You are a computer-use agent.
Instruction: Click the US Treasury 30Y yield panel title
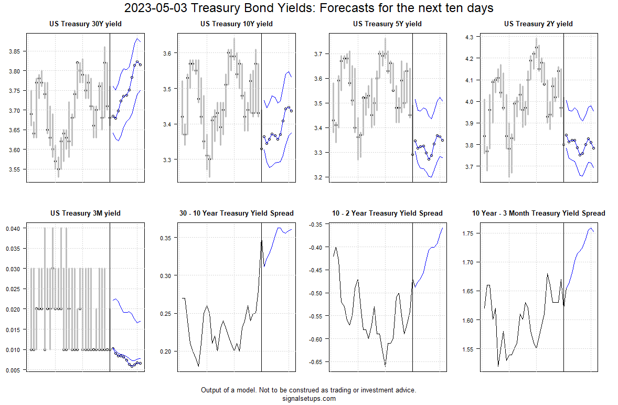click(86, 24)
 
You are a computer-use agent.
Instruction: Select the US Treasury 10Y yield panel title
click(237, 24)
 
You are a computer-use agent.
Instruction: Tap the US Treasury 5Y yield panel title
click(387, 24)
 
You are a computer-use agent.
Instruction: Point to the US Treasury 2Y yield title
click(538, 24)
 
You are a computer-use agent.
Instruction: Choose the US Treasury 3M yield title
click(86, 213)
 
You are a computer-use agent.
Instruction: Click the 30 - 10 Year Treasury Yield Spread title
click(237, 213)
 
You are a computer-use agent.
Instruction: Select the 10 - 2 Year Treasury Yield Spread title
click(387, 213)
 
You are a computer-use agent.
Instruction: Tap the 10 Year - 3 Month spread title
click(538, 213)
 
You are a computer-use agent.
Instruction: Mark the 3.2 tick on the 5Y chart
click(318, 177)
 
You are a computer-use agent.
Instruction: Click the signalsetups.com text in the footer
click(308, 399)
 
